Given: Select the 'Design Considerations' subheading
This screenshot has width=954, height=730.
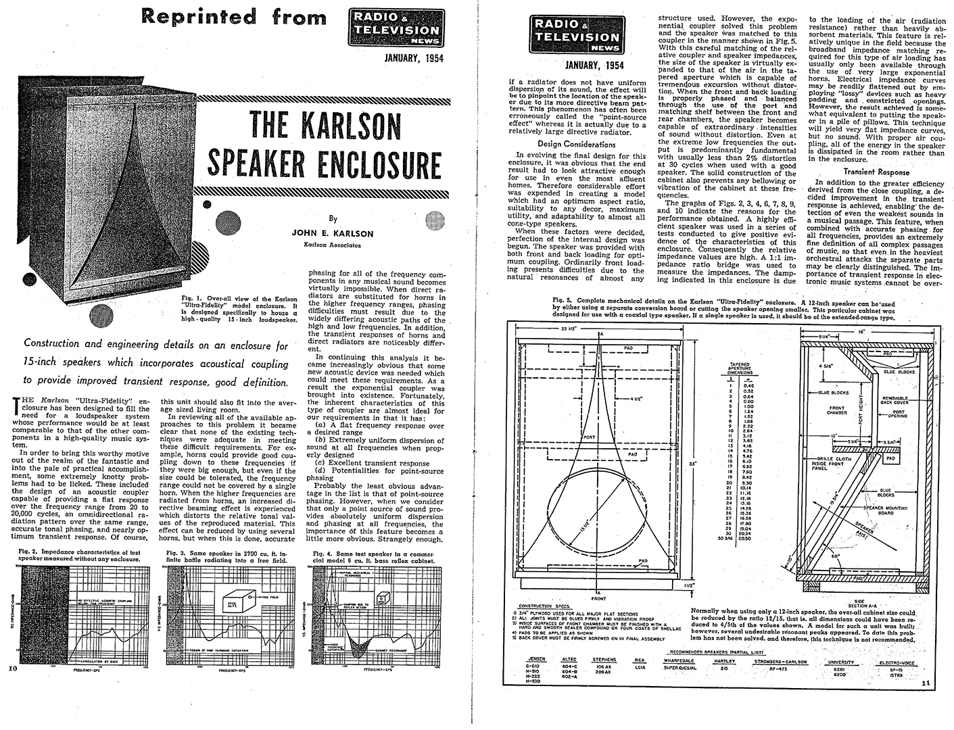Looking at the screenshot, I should coord(581,144).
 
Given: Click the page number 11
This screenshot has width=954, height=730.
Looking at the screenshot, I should coord(926,683).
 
